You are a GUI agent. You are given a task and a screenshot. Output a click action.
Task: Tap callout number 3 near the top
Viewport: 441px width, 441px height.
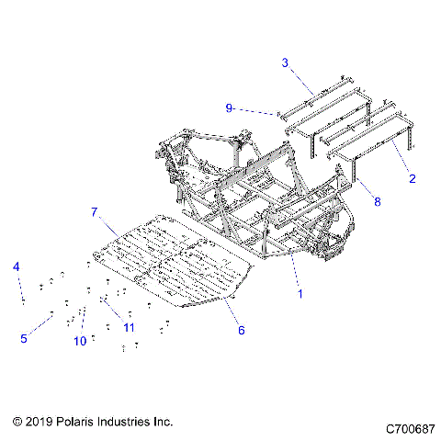(x=285, y=62)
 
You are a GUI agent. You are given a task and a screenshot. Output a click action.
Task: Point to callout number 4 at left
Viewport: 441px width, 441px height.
(x=16, y=266)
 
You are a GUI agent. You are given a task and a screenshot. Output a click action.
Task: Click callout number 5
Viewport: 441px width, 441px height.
(x=25, y=338)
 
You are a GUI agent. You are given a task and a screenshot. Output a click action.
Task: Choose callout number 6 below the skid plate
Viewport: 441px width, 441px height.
(x=242, y=329)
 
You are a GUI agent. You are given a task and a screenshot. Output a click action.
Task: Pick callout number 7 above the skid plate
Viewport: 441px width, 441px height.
(x=119, y=212)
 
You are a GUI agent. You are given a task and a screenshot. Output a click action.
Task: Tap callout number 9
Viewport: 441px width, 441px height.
(x=228, y=107)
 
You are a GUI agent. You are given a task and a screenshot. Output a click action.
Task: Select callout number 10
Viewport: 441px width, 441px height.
(x=80, y=340)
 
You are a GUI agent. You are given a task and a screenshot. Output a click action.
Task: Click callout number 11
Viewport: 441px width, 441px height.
(x=130, y=327)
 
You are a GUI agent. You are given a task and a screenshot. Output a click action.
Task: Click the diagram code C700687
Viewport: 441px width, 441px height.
(x=412, y=428)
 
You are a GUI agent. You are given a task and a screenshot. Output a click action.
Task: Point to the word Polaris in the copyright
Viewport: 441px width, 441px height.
(x=77, y=421)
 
